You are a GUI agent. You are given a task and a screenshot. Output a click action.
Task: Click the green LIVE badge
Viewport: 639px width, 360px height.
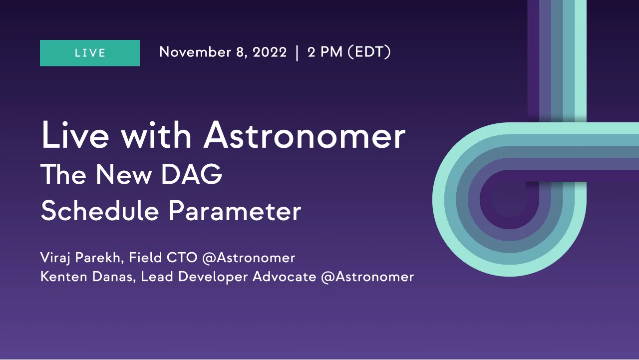pos(90,53)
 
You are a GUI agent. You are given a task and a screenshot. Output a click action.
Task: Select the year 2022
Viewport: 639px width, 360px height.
pos(270,52)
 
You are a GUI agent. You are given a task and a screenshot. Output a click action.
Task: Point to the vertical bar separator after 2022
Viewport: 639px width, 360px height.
pos(298,52)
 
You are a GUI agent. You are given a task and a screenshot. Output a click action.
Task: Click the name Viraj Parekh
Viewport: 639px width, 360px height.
pos(81,258)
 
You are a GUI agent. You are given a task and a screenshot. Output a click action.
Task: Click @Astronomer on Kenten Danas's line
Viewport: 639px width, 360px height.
pos(367,277)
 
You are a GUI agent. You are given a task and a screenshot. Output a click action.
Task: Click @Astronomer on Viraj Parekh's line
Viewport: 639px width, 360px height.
pos(249,258)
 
